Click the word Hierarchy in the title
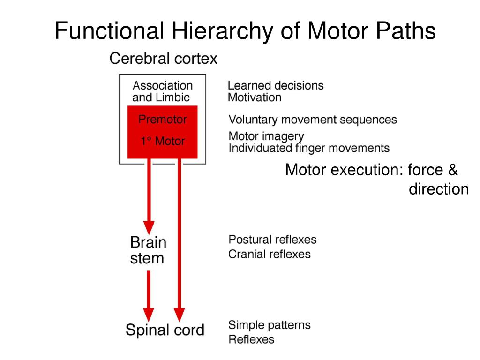(x=222, y=31)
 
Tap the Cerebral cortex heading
(x=163, y=58)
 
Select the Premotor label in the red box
(x=163, y=119)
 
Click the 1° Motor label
(x=163, y=141)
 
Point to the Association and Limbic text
(x=163, y=91)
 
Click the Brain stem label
(x=148, y=250)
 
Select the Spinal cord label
(x=165, y=330)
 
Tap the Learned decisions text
(x=276, y=85)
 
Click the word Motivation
(x=255, y=97)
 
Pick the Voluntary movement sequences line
(x=313, y=120)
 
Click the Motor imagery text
(x=266, y=136)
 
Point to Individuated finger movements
(x=309, y=148)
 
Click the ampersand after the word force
(x=453, y=170)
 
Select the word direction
(x=439, y=189)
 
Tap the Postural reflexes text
(x=272, y=240)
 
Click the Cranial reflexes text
(x=270, y=254)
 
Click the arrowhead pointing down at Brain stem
(x=149, y=227)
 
